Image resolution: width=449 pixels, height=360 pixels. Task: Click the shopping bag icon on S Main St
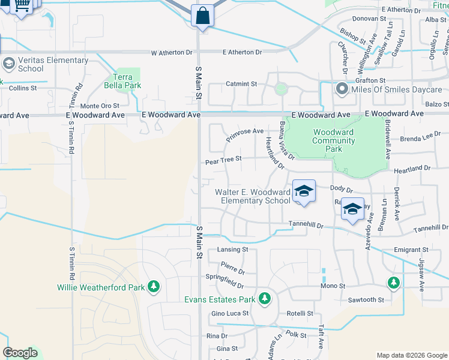coord(203,16)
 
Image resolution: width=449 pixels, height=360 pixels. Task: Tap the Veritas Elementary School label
coord(53,64)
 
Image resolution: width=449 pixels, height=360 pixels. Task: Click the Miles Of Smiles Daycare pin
coord(342,90)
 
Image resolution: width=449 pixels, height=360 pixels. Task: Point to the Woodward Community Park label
coord(333,140)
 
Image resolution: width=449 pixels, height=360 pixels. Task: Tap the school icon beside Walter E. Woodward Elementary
coord(304,191)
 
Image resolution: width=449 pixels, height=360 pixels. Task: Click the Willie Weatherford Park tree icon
coord(154,287)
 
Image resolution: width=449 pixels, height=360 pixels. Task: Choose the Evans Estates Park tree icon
coord(264,299)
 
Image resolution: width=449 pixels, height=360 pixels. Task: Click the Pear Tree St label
coord(223,160)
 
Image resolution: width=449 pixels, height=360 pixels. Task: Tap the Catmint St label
coord(241,84)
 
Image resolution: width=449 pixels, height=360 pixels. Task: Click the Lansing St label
coord(233,249)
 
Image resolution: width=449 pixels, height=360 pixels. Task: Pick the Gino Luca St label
coord(230,314)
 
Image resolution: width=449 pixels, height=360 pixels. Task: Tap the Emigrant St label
coord(411,249)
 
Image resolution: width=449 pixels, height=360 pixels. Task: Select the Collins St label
coord(23,88)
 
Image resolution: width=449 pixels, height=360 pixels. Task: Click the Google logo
coord(20,353)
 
